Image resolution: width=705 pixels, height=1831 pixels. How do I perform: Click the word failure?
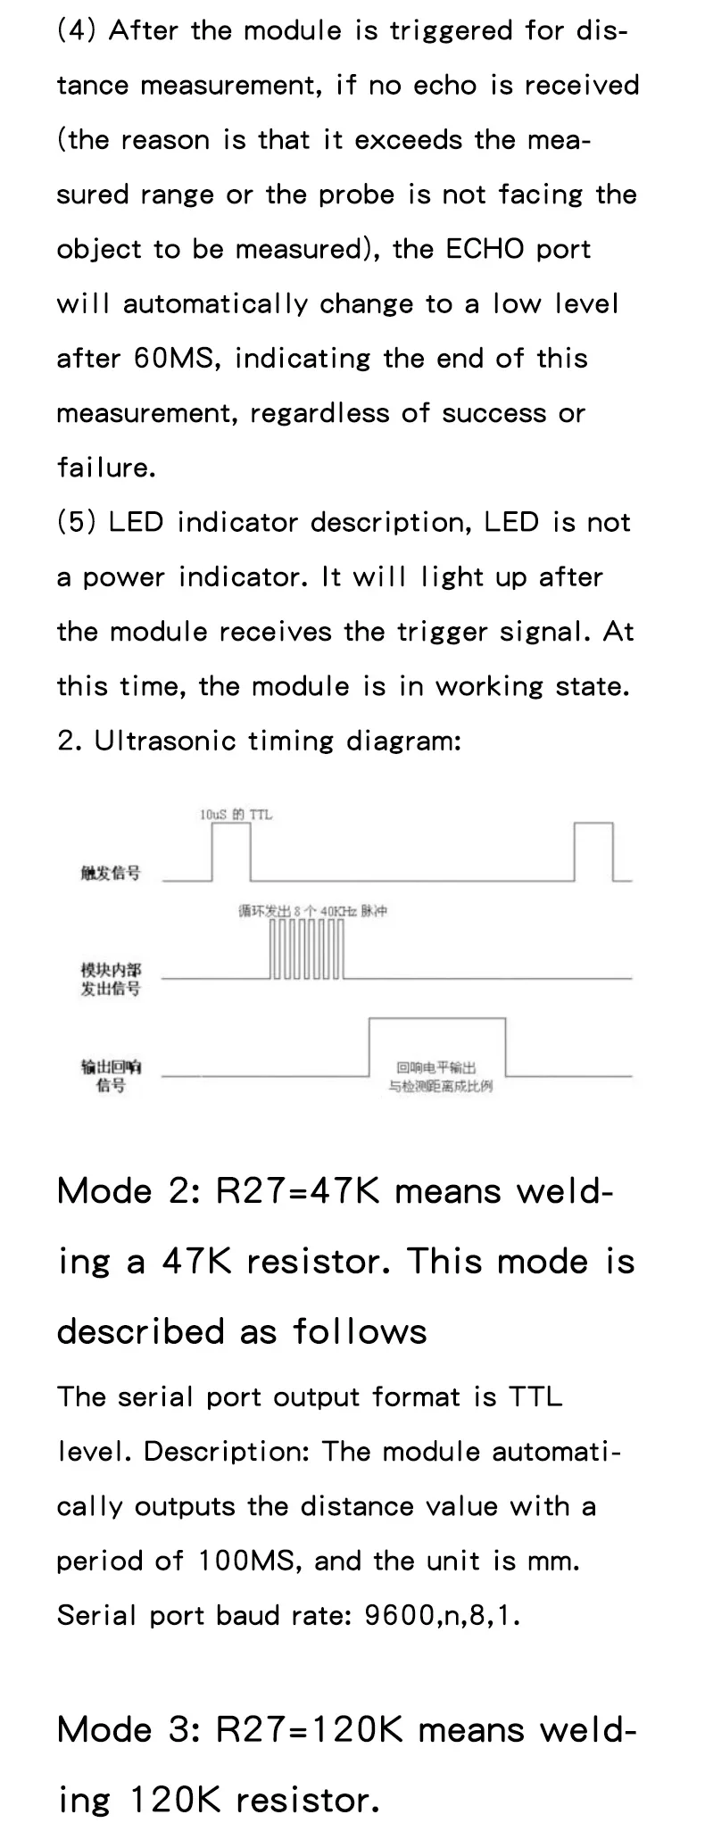(105, 468)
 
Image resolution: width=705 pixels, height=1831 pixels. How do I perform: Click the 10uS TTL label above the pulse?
(236, 814)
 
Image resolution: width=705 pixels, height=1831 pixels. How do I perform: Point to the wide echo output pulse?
(436, 1046)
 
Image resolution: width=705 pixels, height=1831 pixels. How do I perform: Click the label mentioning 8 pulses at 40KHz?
(312, 911)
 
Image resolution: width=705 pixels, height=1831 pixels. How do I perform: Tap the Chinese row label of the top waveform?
(111, 873)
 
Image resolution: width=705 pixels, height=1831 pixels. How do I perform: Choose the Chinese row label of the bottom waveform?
(111, 1076)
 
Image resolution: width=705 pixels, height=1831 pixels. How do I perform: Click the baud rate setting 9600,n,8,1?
(441, 1615)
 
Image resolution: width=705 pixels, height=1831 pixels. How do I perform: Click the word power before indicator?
(123, 577)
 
